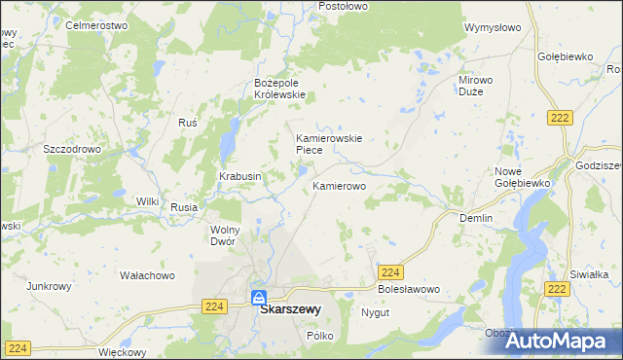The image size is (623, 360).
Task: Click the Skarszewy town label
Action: pyautogui.click(x=291, y=311)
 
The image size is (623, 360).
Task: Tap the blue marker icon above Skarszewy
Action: pyautogui.click(x=258, y=298)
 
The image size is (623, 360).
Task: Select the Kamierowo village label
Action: pyautogui.click(x=339, y=184)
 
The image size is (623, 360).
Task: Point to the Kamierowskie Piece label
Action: pyautogui.click(x=329, y=144)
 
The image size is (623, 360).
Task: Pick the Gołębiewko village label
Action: pyautogui.click(x=565, y=56)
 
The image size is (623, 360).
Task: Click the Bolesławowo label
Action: pyautogui.click(x=409, y=290)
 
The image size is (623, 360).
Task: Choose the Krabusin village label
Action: pyautogui.click(x=239, y=176)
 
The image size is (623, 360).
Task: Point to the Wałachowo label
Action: pyautogui.click(x=147, y=275)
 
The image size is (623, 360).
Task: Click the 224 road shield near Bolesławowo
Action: pyautogui.click(x=391, y=273)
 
